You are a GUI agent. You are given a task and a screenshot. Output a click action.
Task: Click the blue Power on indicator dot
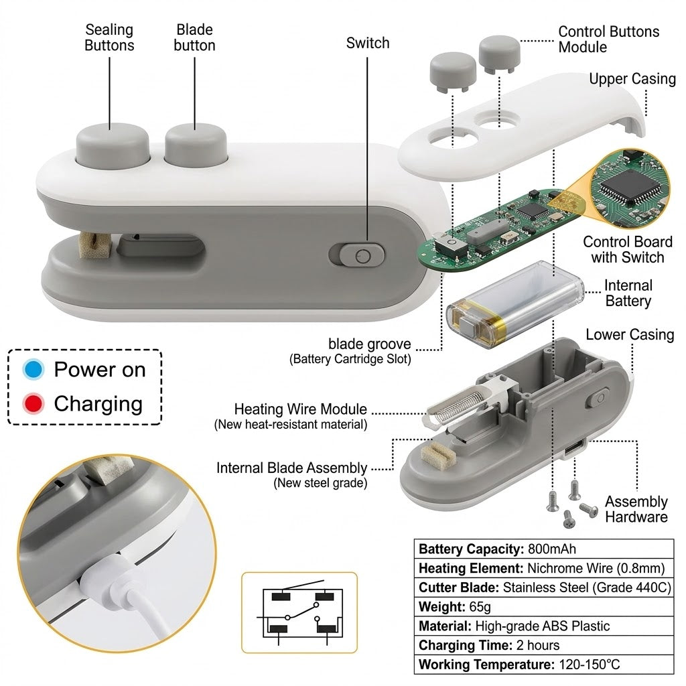point(33,369)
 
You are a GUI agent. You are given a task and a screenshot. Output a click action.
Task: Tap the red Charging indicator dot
point(33,403)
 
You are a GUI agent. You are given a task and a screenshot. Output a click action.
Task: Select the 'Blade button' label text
point(194,38)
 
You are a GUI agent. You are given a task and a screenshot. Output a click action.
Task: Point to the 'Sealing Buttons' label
point(109,38)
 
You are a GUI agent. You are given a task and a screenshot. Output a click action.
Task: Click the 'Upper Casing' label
point(632,79)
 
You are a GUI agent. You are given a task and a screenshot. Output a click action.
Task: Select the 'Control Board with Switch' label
point(627,249)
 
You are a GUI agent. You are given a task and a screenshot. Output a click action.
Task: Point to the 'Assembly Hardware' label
point(636,509)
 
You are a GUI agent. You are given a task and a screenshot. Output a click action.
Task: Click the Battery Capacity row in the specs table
point(543,549)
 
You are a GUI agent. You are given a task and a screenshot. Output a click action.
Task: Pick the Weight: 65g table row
point(543,607)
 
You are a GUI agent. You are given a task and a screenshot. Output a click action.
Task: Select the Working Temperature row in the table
point(543,665)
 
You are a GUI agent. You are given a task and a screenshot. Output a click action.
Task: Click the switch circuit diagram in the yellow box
point(299,612)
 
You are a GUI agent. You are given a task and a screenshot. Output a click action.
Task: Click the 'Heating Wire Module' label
point(301,409)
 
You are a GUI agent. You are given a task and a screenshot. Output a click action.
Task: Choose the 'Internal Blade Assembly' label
point(292,468)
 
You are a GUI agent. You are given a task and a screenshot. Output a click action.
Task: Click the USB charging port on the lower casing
point(574,448)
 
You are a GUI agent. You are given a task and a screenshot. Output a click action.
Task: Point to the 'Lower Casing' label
point(630,335)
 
